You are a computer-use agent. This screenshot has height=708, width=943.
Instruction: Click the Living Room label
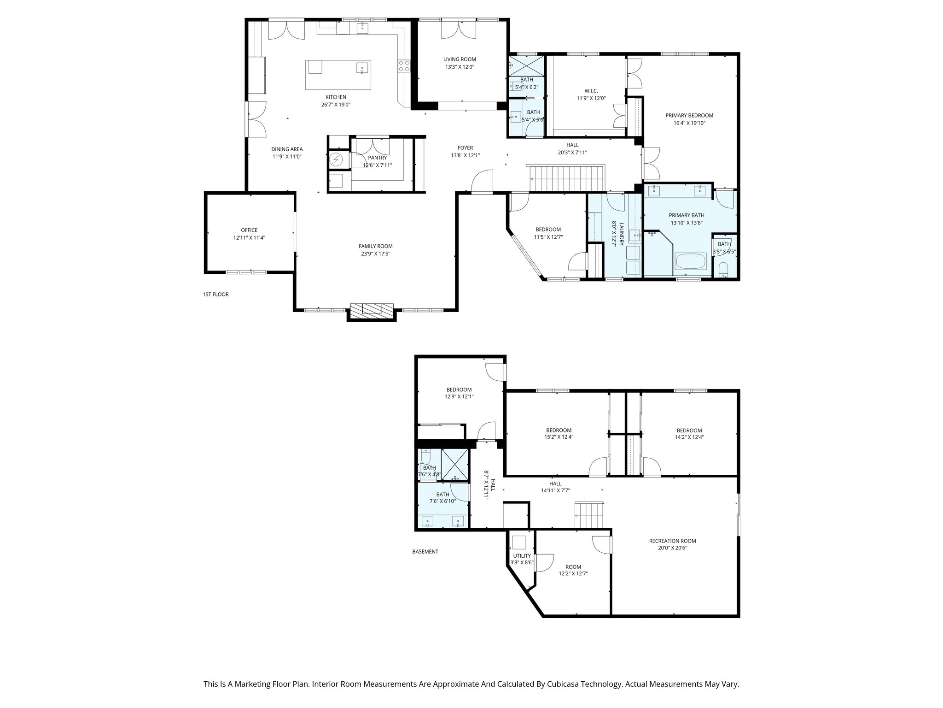click(459, 59)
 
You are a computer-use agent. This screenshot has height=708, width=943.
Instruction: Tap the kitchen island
click(338, 75)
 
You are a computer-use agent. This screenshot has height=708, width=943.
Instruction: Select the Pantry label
click(377, 158)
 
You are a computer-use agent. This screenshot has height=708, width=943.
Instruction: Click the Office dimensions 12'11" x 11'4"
click(249, 238)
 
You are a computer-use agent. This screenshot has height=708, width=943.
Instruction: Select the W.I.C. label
click(591, 91)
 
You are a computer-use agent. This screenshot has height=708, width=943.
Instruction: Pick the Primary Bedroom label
click(689, 116)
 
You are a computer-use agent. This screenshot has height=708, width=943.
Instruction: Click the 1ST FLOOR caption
click(215, 294)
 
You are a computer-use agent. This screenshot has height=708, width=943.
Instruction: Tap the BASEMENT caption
click(425, 551)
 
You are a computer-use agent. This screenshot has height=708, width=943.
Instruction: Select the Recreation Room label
click(672, 541)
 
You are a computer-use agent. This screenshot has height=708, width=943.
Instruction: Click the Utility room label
click(522, 556)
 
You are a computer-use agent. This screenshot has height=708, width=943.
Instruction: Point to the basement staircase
click(588, 516)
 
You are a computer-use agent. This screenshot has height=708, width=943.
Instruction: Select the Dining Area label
click(286, 149)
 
